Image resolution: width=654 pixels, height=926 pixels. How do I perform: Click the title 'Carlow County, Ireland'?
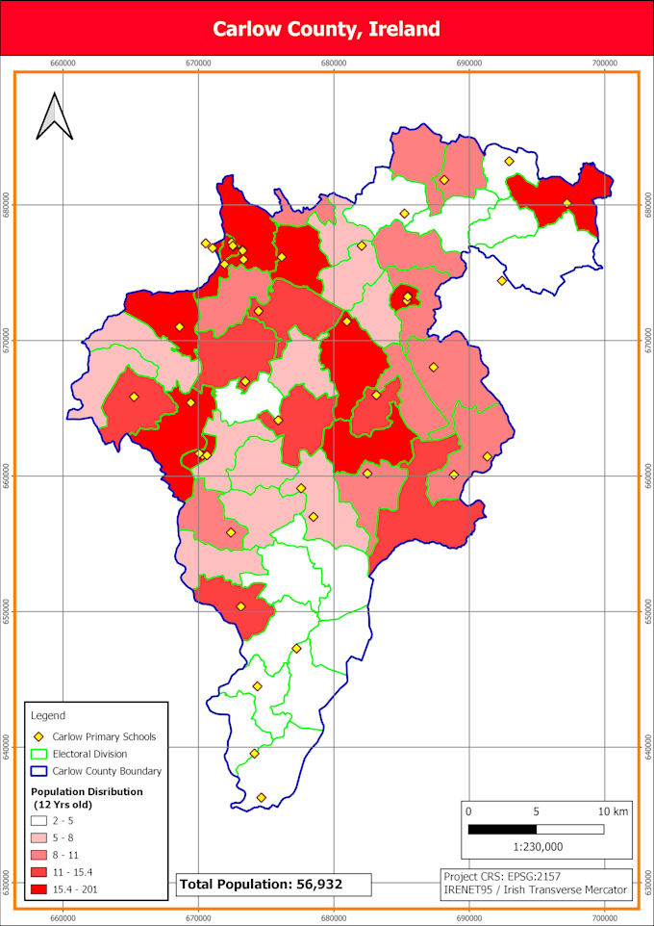[x=326, y=29]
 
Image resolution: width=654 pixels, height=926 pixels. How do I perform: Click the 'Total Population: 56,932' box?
[x=261, y=884]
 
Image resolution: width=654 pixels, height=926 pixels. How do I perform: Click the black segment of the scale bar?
[x=502, y=829]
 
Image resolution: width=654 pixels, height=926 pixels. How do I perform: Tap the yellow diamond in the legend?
[x=39, y=737]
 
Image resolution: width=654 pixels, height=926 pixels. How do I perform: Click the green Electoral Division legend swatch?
[x=39, y=755]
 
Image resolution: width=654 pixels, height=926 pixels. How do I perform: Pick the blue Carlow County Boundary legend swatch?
[x=39, y=771]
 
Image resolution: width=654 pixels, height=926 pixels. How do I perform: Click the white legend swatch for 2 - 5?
[x=39, y=821]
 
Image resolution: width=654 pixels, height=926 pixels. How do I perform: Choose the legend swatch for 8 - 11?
[x=39, y=856]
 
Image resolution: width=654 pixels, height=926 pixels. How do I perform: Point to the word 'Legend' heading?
[x=48, y=715]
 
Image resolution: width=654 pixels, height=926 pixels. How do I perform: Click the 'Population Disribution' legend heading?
[x=87, y=791]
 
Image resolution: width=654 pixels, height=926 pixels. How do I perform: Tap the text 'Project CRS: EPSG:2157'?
[x=502, y=877]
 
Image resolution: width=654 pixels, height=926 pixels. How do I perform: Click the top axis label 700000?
[x=605, y=63]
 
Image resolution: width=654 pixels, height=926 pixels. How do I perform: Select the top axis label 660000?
[x=63, y=63]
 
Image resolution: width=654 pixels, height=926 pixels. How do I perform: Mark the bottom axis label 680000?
[x=334, y=915]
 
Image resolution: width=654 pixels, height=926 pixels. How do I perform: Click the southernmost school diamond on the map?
[x=261, y=797]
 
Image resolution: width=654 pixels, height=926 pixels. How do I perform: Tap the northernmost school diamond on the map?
[x=509, y=161]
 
